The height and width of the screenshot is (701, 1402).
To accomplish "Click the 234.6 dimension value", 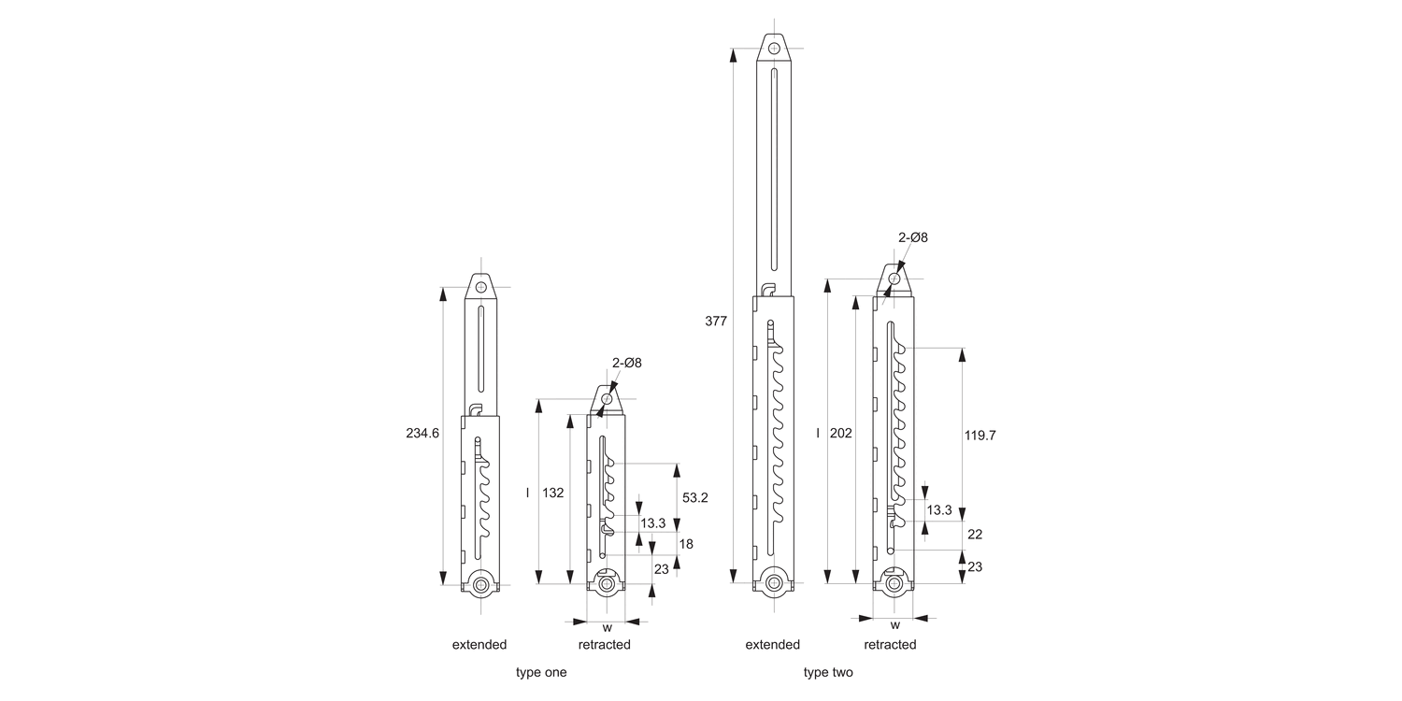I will tap(422, 434).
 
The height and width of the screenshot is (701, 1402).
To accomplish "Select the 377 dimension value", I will tap(715, 321).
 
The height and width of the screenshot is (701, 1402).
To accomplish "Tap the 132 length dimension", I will tap(553, 493).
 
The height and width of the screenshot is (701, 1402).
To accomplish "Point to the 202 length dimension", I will tap(841, 434).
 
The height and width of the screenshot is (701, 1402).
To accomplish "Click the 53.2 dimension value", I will tap(694, 497).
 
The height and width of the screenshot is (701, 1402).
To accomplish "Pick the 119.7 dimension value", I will tap(979, 435).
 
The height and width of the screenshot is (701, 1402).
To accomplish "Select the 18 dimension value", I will tap(685, 543).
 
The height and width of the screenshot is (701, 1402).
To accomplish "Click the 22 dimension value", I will tap(974, 534).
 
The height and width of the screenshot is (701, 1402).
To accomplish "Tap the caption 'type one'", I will tap(541, 672).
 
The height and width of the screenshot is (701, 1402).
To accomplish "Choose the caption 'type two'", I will tap(828, 672).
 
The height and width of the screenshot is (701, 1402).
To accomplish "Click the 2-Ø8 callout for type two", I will tap(913, 237).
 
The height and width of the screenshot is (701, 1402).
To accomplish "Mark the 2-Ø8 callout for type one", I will tap(627, 362).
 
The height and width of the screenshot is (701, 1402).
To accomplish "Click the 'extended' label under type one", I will tap(479, 644).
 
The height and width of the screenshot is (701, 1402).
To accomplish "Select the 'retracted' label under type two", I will tap(890, 644).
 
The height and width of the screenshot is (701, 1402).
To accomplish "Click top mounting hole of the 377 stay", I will tap(774, 48).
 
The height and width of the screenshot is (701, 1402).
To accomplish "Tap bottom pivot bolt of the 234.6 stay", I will tap(480, 585).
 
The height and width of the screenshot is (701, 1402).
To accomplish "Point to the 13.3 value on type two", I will tap(939, 509).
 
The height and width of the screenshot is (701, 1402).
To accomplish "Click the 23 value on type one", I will tap(661, 568).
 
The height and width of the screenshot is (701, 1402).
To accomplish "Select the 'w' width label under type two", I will tap(894, 625).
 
